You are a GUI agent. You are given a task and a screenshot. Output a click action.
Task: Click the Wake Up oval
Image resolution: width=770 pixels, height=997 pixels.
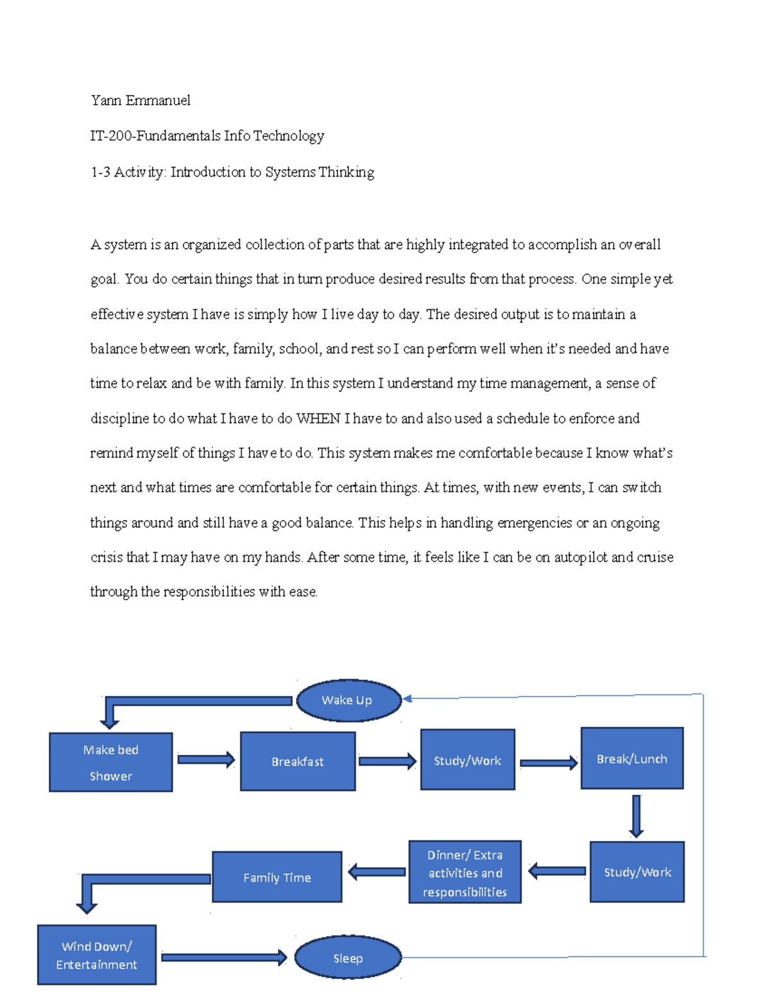[348, 700]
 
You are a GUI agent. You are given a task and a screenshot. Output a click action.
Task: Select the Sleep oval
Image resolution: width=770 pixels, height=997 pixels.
[348, 957]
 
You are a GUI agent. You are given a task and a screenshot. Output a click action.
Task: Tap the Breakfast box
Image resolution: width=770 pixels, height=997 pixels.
[298, 761]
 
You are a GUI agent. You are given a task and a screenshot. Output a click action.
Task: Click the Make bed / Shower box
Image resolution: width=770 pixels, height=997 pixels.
[110, 762]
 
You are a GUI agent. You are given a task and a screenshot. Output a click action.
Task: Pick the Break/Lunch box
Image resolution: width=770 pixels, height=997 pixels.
[632, 758]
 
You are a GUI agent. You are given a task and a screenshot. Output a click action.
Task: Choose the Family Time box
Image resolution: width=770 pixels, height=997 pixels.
[277, 877]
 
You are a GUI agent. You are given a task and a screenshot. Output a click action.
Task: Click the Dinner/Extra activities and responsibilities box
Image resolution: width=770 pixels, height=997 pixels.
[465, 872]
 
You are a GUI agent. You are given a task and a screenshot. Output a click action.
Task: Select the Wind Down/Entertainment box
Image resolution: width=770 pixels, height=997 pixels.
[96, 955]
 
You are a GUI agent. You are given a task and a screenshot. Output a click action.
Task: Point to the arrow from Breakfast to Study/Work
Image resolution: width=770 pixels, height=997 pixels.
[387, 761]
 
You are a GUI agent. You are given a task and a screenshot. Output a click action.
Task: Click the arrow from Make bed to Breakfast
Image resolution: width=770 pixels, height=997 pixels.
[205, 759]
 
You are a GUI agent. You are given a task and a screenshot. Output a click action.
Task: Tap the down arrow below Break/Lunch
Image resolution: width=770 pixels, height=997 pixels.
[636, 815]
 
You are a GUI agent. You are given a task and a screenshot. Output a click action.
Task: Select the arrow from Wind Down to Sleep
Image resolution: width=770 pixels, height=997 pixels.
[223, 957]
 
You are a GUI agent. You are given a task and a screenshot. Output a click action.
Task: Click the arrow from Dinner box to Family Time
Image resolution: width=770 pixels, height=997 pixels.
[377, 871]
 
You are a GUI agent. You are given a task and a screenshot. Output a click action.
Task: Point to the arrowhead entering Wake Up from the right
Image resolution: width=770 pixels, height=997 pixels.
[407, 698]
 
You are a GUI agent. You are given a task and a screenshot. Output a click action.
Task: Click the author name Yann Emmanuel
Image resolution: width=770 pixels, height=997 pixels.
[141, 100]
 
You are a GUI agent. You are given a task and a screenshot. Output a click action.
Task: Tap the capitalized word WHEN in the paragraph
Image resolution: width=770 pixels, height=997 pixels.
[318, 419]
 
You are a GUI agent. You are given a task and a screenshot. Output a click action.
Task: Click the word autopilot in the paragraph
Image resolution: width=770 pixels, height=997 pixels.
[580, 557]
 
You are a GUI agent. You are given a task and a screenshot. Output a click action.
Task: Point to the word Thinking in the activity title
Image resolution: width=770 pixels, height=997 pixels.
[346, 172]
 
